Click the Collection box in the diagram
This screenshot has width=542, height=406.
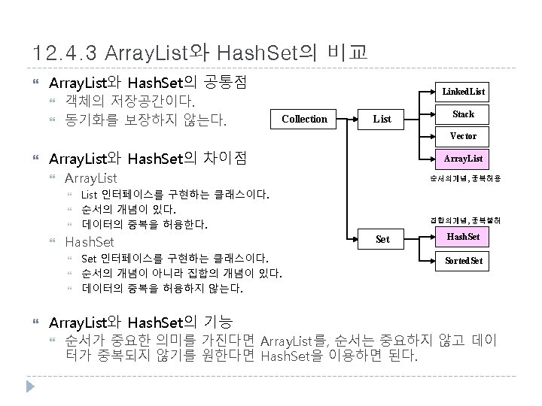pos(304,119)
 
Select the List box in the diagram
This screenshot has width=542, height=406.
pos(382,119)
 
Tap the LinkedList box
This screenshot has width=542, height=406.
pos(463,92)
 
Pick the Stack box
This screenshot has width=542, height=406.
pos(463,114)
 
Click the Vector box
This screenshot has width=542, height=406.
pos(463,136)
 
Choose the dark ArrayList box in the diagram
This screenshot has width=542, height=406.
pos(463,159)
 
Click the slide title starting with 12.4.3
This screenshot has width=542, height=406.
pos(200,53)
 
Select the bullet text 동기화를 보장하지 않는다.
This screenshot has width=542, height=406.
pos(146,119)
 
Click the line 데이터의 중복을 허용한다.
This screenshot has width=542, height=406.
pos(145,224)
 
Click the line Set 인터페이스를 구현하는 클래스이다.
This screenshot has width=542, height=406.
pos(173,258)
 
